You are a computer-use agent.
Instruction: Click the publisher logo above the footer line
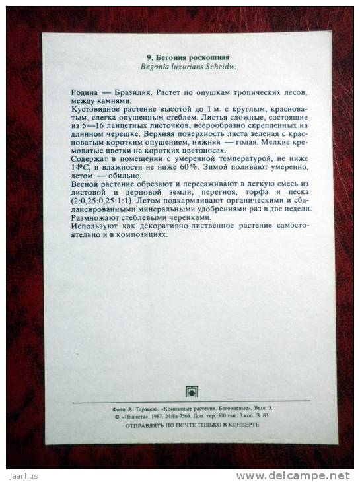point(191,391)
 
